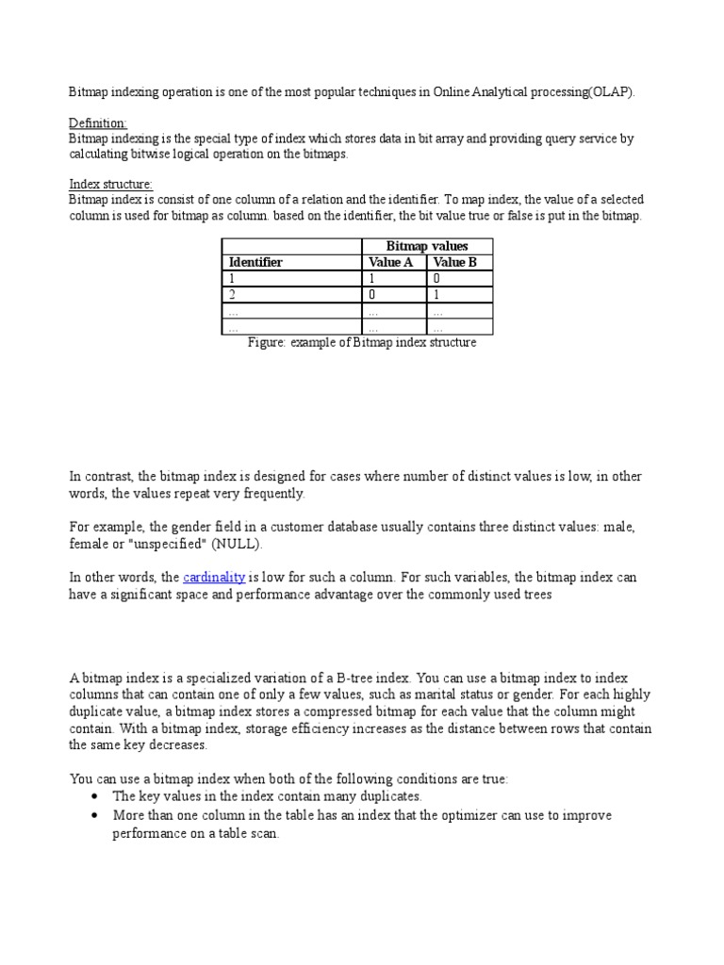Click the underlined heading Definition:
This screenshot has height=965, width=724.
coord(98,123)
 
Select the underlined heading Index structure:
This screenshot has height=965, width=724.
coord(111,184)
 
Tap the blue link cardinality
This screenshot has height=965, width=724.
coord(214,577)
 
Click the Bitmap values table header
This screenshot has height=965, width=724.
coord(427,246)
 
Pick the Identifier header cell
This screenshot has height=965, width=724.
coord(255,262)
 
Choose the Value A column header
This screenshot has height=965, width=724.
coord(390,262)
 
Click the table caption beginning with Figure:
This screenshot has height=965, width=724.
coord(361,343)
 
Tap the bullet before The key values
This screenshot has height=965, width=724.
coord(95,796)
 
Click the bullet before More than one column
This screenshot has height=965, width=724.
coord(95,815)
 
